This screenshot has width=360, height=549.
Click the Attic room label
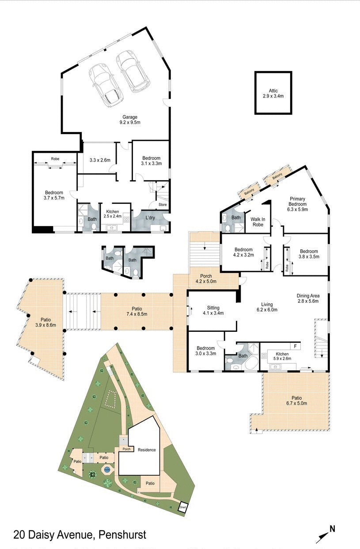273,93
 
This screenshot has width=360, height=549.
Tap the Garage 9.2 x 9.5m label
129,120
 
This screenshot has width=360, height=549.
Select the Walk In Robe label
258,222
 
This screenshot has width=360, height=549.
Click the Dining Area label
308,298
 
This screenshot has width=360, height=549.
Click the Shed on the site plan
182,508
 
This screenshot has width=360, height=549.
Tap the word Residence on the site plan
147,450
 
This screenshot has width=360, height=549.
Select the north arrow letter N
332,529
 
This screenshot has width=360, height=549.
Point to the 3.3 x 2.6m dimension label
100,160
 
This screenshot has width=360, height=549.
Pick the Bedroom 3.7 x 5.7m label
54,195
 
